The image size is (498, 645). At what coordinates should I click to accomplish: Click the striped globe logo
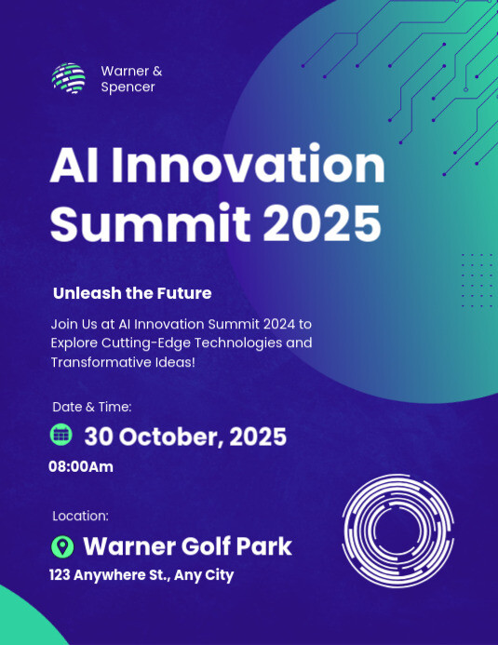pyautogui.click(x=69, y=78)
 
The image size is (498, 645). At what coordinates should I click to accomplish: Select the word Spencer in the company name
pyautogui.click(x=128, y=87)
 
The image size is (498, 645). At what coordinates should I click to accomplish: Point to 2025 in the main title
pyautogui.click(x=322, y=222)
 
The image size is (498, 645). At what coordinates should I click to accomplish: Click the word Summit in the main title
pyautogui.click(x=151, y=222)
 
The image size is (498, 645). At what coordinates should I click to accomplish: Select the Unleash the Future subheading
pyautogui.click(x=132, y=293)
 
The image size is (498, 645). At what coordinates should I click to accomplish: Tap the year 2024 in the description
pyautogui.click(x=279, y=324)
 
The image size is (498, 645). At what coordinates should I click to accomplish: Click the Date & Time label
pyautogui.click(x=92, y=407)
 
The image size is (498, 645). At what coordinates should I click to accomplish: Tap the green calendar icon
pyautogui.click(x=61, y=435)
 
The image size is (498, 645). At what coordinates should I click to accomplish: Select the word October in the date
pyautogui.click(x=170, y=437)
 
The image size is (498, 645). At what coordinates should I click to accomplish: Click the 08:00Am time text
pyautogui.click(x=81, y=467)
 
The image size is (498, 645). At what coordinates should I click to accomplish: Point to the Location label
pyautogui.click(x=81, y=516)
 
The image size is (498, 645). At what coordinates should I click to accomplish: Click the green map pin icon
pyautogui.click(x=62, y=546)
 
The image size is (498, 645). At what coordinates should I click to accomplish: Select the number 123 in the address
pyautogui.click(x=60, y=574)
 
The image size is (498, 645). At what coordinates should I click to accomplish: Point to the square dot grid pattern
pyautogui.click(x=477, y=280)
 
